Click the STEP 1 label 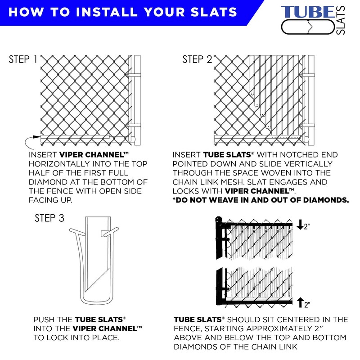pos(23,60)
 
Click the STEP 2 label pos(197,60)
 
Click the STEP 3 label pos(49,219)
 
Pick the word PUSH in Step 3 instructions pos(44,319)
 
